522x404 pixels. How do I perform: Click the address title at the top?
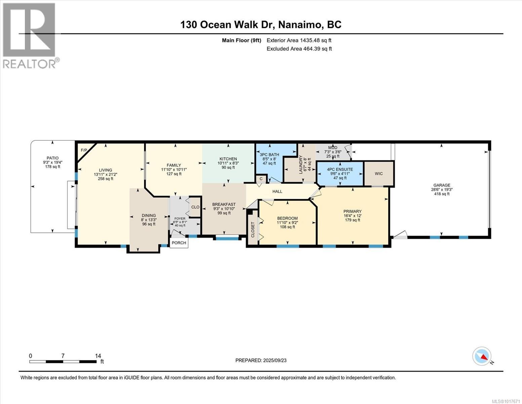[261, 25]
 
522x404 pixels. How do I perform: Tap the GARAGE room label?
[442, 185]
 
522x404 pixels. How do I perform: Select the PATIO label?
[53, 158]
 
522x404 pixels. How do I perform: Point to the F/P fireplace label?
[84, 150]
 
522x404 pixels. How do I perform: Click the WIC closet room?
[379, 174]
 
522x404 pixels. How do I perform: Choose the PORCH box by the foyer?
[179, 243]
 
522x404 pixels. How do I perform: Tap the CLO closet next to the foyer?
[195, 207]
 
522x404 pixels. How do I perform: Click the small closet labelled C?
[261, 179]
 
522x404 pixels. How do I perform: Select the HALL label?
[277, 192]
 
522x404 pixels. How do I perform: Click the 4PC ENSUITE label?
[340, 169]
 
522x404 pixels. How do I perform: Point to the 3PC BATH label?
[269, 155]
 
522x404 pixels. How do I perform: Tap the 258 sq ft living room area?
[106, 179]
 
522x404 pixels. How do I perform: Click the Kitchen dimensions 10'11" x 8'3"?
[228, 163]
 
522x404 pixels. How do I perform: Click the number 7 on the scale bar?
[63, 356]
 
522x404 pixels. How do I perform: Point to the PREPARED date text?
[261, 361]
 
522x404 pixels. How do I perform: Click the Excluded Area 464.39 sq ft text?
[299, 49]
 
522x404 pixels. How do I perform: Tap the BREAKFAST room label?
[224, 205]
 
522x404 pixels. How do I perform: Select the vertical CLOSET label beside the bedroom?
[253, 230]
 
